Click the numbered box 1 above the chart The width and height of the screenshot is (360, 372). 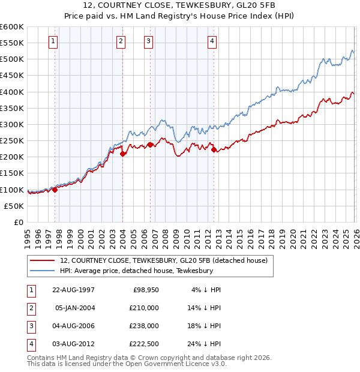click(53, 41)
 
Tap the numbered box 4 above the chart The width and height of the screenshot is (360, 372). click(212, 41)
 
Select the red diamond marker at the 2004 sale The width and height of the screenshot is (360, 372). click(122, 154)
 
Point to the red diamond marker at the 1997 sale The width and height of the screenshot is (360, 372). click(55, 190)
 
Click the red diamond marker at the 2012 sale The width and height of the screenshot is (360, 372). click(214, 150)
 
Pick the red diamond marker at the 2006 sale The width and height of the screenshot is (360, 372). click(150, 144)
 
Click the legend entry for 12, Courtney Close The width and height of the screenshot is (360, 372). click(167, 260)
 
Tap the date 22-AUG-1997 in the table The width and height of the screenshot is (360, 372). click(73, 290)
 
